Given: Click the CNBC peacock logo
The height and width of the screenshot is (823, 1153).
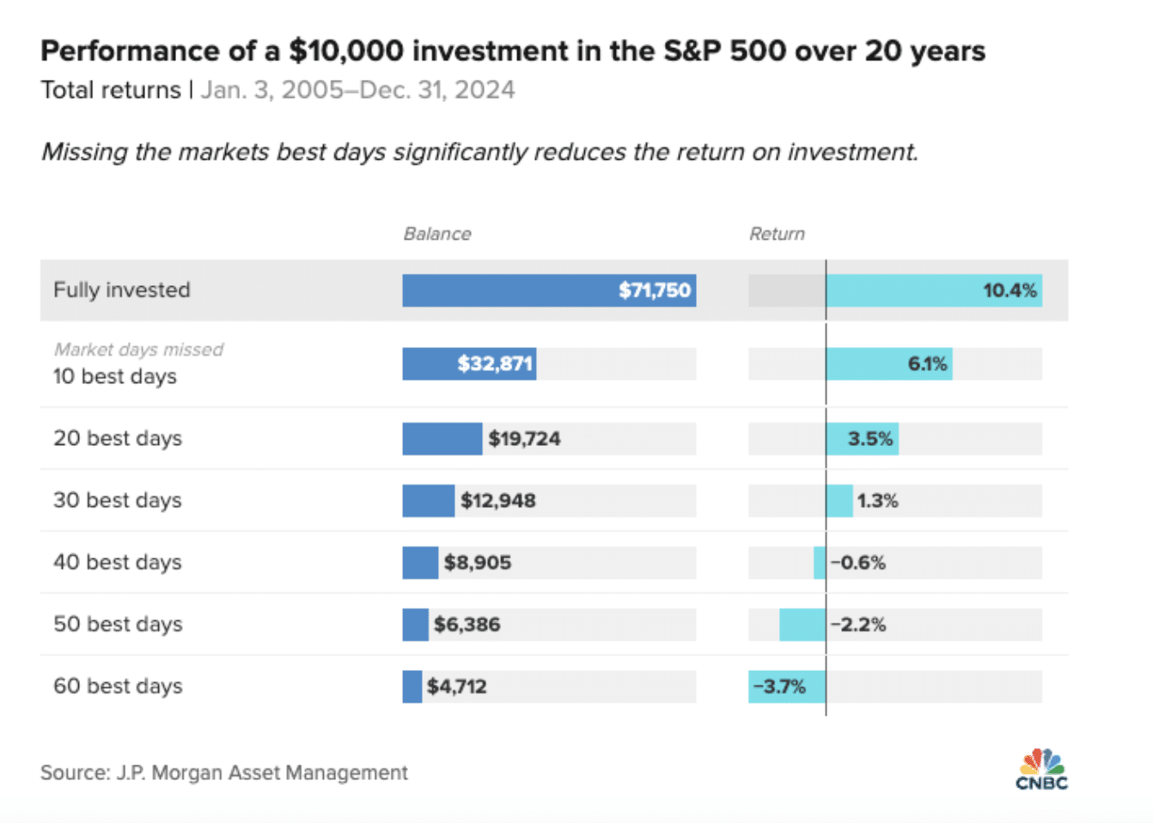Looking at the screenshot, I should (x=1041, y=768).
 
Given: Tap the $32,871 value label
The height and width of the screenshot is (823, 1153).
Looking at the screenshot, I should (x=495, y=364).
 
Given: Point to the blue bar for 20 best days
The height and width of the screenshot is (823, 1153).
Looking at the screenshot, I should (x=442, y=439).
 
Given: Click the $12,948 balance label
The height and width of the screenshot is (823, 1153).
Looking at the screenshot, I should (x=498, y=501).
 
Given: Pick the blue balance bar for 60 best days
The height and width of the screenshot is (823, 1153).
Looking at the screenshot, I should (x=412, y=687).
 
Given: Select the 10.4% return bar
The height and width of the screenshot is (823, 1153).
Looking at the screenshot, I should (x=934, y=290).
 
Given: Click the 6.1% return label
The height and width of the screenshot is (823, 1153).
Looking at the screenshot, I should (x=927, y=364).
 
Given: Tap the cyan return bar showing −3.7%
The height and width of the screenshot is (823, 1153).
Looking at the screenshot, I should (x=787, y=687).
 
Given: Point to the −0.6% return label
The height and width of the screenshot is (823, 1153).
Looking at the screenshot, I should (x=858, y=563).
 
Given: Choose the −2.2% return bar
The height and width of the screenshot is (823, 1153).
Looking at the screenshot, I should (x=802, y=625).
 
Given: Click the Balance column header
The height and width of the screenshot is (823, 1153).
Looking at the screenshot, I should (x=437, y=234).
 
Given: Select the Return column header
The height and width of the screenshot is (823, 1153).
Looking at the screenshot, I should (x=777, y=234).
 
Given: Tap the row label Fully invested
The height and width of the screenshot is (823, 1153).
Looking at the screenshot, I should (x=122, y=290).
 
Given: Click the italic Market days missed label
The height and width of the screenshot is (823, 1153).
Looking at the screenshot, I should (x=138, y=350).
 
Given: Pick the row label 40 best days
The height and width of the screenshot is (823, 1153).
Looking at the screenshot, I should (x=118, y=563).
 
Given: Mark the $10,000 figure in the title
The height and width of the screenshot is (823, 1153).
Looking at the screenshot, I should (x=346, y=52).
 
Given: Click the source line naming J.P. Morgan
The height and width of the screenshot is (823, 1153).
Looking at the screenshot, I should (x=224, y=773).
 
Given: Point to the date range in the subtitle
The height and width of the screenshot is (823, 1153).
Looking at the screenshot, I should (x=357, y=90).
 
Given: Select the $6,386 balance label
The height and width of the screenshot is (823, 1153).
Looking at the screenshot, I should (x=467, y=625).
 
